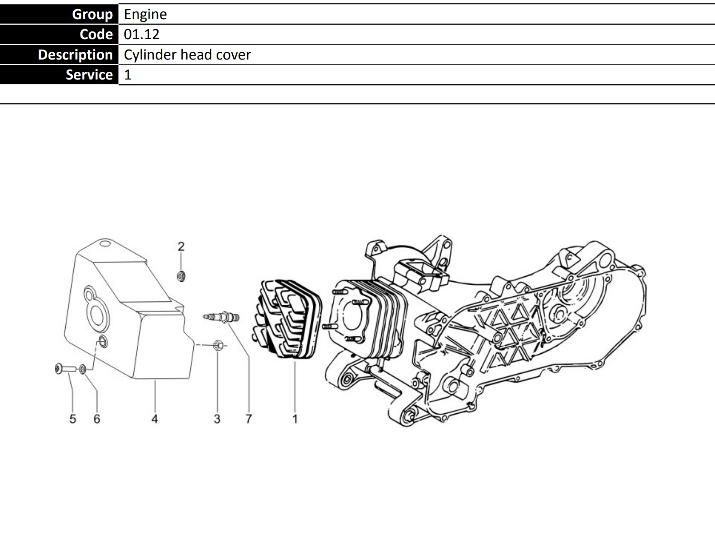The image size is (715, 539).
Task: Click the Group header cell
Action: click(x=59, y=14)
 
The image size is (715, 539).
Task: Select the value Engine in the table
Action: click(x=145, y=14)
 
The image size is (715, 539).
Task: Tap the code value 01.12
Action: click(x=141, y=34)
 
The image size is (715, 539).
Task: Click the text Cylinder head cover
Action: click(x=187, y=55)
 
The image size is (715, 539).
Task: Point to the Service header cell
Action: click(x=59, y=75)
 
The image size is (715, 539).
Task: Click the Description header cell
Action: click(x=59, y=55)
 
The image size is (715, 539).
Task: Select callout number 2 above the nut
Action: click(x=181, y=247)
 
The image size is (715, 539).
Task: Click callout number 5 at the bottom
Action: click(x=73, y=419)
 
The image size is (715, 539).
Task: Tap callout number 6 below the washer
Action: click(x=97, y=419)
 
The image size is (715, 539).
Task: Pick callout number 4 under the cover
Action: click(x=155, y=419)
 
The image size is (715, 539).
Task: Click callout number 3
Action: click(x=217, y=419)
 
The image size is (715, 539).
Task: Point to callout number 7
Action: click(x=248, y=419)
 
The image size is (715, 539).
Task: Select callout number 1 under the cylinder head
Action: click(x=295, y=419)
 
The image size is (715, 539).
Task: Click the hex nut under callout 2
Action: click(x=181, y=277)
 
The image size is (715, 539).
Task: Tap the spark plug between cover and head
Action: click(x=221, y=317)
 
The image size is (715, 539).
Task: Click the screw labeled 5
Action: click(x=65, y=369)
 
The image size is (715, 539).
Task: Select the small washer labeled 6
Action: click(x=83, y=369)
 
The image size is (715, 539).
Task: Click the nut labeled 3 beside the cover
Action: click(x=218, y=345)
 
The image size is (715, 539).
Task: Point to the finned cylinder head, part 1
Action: click(x=287, y=319)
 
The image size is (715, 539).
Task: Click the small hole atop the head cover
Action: click(x=105, y=243)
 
